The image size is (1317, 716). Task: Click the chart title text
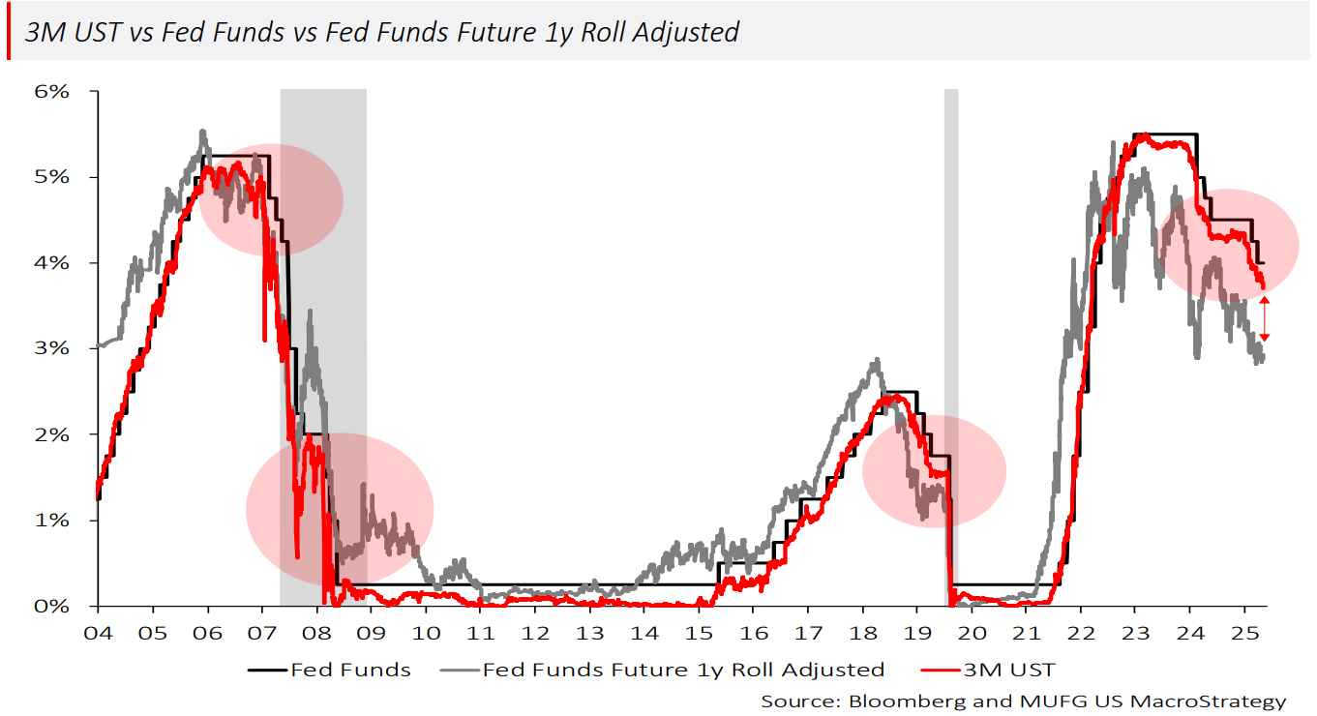coord(382,32)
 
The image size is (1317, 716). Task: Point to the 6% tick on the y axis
coord(52,92)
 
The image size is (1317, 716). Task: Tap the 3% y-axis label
coord(52,348)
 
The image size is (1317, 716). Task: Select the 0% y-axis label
coord(52,606)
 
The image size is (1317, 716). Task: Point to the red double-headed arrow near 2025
coord(1264,318)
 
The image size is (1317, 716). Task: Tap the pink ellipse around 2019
coord(934,471)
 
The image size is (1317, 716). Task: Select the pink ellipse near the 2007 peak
coord(272,199)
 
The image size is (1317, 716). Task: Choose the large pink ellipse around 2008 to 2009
coord(340,510)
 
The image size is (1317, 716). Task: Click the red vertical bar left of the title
coord(8,32)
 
